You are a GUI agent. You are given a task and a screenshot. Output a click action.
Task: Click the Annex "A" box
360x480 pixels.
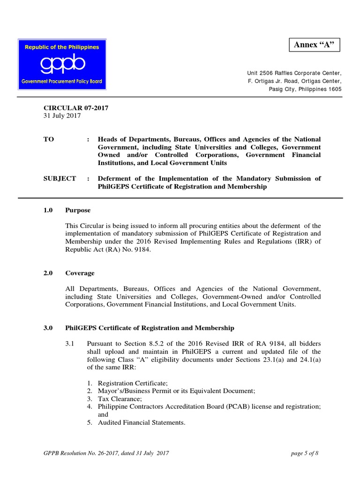(x=314, y=45)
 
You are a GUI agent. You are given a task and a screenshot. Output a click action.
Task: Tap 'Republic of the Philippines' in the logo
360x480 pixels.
(x=62, y=47)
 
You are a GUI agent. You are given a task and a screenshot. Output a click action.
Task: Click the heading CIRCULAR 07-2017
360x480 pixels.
(x=76, y=108)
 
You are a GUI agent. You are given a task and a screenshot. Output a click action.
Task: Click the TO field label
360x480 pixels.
(x=49, y=139)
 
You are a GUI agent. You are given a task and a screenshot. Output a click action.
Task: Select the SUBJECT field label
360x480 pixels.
(x=60, y=179)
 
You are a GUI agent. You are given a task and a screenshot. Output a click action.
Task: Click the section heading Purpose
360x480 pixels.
(x=78, y=210)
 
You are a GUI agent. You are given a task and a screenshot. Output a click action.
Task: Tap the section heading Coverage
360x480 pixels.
(x=80, y=273)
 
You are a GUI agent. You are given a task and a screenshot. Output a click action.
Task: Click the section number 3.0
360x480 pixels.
(x=48, y=328)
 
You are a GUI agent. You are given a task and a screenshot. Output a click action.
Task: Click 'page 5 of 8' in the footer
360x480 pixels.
(x=305, y=453)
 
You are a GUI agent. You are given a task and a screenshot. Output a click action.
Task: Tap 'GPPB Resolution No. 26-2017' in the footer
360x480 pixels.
(x=80, y=453)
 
